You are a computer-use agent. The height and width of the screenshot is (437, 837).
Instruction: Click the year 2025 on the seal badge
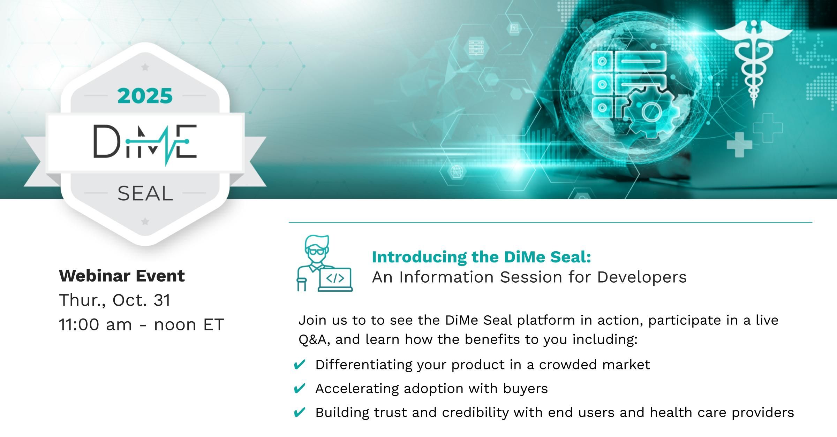(145, 96)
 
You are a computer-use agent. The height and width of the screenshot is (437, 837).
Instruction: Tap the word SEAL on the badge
(145, 193)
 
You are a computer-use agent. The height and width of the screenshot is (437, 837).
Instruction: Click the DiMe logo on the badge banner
(145, 144)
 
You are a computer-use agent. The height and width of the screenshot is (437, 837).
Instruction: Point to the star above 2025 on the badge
(145, 67)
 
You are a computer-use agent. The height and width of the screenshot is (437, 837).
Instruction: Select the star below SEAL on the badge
(145, 221)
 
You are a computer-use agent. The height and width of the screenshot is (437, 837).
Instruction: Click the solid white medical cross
(739, 145)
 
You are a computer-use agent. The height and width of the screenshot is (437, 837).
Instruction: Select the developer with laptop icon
(324, 263)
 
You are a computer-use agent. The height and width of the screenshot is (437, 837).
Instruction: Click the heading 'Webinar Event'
(122, 276)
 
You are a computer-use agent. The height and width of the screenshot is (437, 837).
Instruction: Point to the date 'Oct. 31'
(142, 300)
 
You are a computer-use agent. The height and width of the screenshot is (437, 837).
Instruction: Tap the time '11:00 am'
(96, 325)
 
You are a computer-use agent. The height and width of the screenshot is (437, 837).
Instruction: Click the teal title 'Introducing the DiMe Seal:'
(482, 257)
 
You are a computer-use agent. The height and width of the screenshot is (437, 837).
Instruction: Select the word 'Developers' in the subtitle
(642, 277)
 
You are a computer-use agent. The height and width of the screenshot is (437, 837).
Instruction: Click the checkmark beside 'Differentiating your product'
(300, 365)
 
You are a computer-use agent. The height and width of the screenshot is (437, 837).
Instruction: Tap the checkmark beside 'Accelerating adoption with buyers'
(300, 389)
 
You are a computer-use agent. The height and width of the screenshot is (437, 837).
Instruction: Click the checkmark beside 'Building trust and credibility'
(300, 413)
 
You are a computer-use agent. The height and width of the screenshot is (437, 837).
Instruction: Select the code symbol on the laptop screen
(335, 278)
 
